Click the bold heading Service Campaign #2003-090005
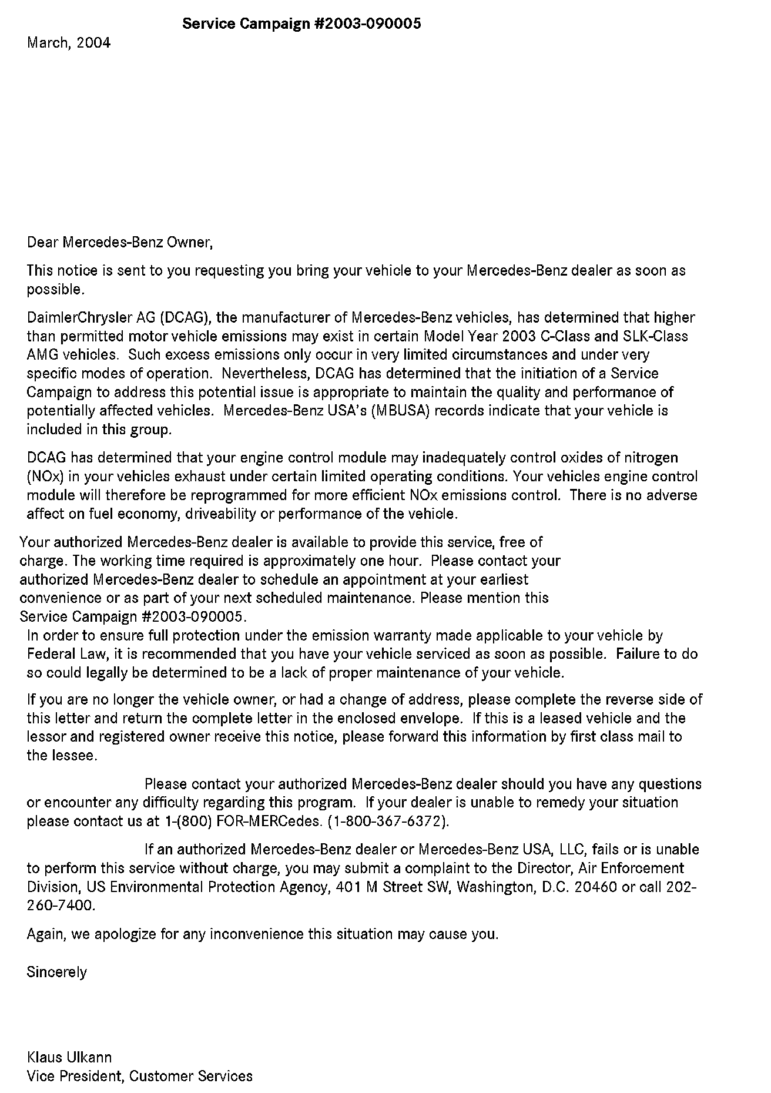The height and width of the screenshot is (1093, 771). [301, 24]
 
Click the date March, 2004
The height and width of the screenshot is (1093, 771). [68, 43]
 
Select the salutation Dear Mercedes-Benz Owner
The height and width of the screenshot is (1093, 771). [119, 242]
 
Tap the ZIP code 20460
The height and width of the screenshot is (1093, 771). [595, 887]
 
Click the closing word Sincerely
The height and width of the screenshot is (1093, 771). [56, 973]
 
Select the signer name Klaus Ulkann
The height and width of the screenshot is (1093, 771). [69, 1058]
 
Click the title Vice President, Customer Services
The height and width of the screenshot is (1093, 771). [140, 1077]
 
